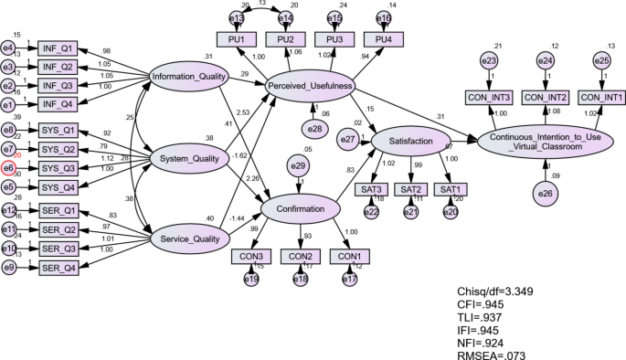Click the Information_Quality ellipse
[x=188, y=76]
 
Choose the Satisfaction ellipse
[x=410, y=141]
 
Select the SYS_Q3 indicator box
[x=59, y=168]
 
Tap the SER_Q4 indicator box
[x=59, y=269]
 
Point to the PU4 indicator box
[x=384, y=38]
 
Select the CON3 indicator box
[x=251, y=256]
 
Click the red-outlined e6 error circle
[x=8, y=168]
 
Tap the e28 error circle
[x=313, y=127]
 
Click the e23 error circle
[x=488, y=60]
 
